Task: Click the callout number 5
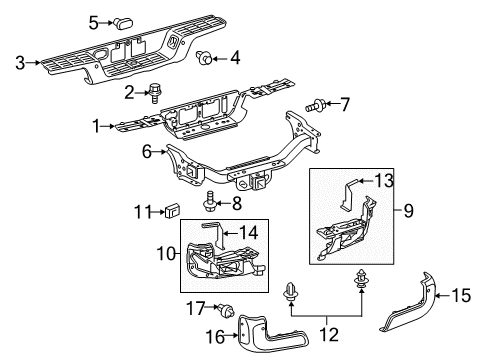tap(94, 20)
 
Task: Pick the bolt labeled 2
tap(158, 93)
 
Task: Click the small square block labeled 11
tap(171, 210)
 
